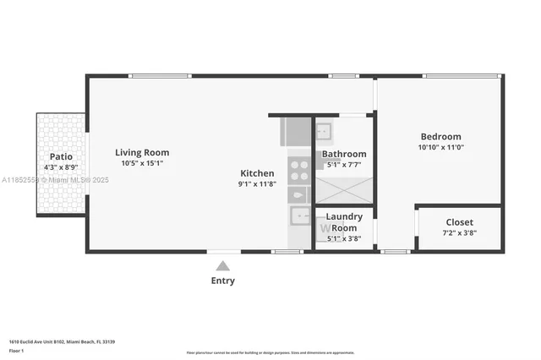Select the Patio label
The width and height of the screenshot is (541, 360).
point(61,156)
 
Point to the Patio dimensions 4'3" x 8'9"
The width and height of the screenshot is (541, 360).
point(61,166)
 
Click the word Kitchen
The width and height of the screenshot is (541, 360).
point(257,172)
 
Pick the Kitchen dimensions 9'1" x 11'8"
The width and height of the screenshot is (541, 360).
point(257,183)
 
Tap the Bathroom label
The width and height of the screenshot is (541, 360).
point(344,154)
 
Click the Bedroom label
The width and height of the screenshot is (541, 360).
point(440,137)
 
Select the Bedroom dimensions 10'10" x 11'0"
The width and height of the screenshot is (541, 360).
point(440,147)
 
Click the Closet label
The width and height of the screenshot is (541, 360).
point(459,222)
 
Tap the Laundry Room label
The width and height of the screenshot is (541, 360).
point(344,222)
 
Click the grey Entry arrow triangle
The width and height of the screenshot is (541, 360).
point(223,265)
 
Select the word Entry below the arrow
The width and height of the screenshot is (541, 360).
point(223,281)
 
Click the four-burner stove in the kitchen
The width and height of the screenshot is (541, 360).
point(299,172)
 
